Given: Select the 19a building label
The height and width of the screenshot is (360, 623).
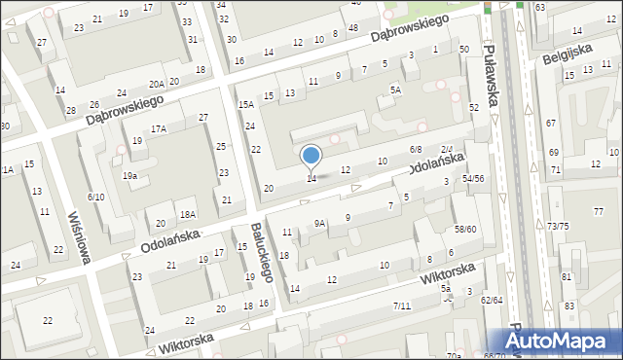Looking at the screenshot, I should tap(129, 175).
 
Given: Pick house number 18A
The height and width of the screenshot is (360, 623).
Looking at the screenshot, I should tap(188, 214).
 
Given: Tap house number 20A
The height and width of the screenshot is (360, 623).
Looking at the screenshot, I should tap(157, 84).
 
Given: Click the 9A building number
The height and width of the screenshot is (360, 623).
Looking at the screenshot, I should tap(318, 223).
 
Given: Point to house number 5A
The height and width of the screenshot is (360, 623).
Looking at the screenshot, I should tap(396, 90).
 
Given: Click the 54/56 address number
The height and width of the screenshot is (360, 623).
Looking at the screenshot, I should tap(473, 178).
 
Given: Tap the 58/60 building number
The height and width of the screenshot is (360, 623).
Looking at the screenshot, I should tap(465, 229).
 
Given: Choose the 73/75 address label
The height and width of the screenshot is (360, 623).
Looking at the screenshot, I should tap(558, 226).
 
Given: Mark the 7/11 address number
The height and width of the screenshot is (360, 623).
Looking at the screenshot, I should tap(402, 306).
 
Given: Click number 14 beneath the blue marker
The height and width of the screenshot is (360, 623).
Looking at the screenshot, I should tap(311, 178).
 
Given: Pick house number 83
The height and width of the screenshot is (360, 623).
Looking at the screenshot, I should tap(568, 306).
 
